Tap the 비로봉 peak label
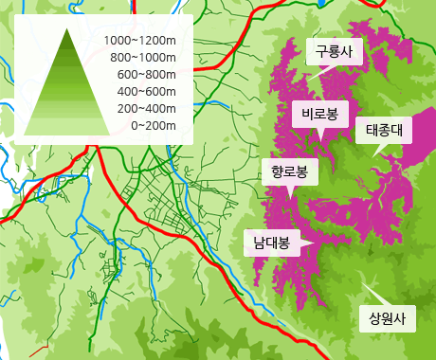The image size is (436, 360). click(320, 114)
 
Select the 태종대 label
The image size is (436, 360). click(384, 131)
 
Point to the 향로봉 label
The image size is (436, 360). click(289, 171)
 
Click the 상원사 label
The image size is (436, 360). click(387, 317)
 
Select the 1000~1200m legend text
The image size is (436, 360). click(141, 40)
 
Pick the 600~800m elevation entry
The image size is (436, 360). click(147, 74)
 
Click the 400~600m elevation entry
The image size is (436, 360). click(147, 91)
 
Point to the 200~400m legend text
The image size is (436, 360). click(147, 108)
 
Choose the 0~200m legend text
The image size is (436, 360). click(154, 125)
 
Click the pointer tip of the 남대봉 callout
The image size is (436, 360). click(317, 243)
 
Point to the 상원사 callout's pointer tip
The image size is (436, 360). click(362, 279)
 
